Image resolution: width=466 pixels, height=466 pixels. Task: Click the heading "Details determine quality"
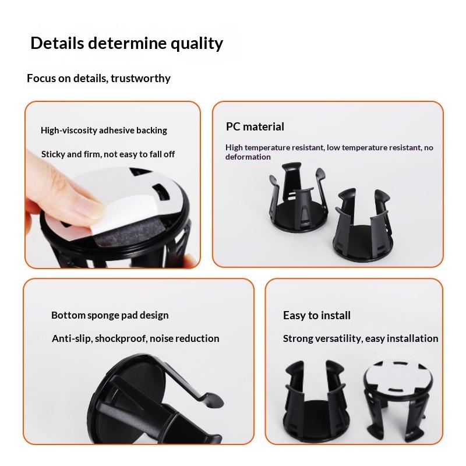[x=126, y=43]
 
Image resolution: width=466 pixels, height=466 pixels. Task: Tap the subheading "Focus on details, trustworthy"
[x=98, y=79]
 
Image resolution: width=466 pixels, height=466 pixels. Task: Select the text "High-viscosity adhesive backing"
[x=104, y=130]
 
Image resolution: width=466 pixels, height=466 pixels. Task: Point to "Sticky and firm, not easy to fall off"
[x=108, y=154]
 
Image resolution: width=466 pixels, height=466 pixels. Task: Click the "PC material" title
[x=255, y=126]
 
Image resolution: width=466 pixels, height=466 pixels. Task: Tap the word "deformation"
[x=248, y=157]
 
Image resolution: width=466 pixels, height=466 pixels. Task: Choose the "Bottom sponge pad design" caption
[x=110, y=315]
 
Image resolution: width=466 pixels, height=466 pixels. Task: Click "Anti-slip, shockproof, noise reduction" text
[x=136, y=338]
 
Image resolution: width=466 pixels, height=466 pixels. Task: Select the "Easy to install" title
[x=316, y=315]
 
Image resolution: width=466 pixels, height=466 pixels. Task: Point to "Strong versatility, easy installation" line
[x=361, y=338]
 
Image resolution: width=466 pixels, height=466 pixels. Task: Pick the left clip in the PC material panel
[x=299, y=197]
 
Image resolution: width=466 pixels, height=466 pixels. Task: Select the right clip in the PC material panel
[x=362, y=225]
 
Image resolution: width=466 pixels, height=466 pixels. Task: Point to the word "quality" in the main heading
[x=197, y=44]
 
